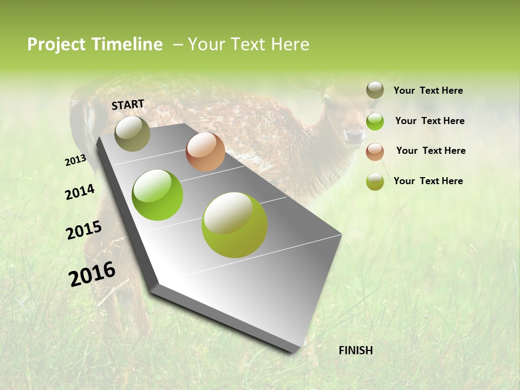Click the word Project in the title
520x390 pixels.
click(x=57, y=44)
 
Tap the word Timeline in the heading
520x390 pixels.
click(x=127, y=44)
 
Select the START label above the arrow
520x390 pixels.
click(x=128, y=105)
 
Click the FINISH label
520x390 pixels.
click(x=355, y=350)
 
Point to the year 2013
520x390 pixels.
click(x=75, y=160)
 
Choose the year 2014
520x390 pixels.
click(x=80, y=192)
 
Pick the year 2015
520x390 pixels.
click(x=84, y=230)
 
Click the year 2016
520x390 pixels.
click(x=92, y=274)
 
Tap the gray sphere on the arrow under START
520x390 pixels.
click(x=132, y=133)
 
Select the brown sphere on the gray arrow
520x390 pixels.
click(x=205, y=152)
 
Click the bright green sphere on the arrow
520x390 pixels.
click(x=158, y=195)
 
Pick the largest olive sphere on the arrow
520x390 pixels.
click(x=235, y=225)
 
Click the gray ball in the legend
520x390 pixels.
click(x=375, y=90)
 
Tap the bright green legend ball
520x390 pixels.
click(x=375, y=121)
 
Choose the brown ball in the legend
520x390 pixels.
click(x=375, y=151)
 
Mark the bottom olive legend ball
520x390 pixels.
click(x=375, y=181)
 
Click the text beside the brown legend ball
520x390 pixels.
click(x=431, y=151)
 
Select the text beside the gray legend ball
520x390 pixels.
click(x=428, y=90)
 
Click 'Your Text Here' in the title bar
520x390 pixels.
click(x=248, y=44)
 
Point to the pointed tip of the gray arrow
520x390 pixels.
click(x=295, y=351)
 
